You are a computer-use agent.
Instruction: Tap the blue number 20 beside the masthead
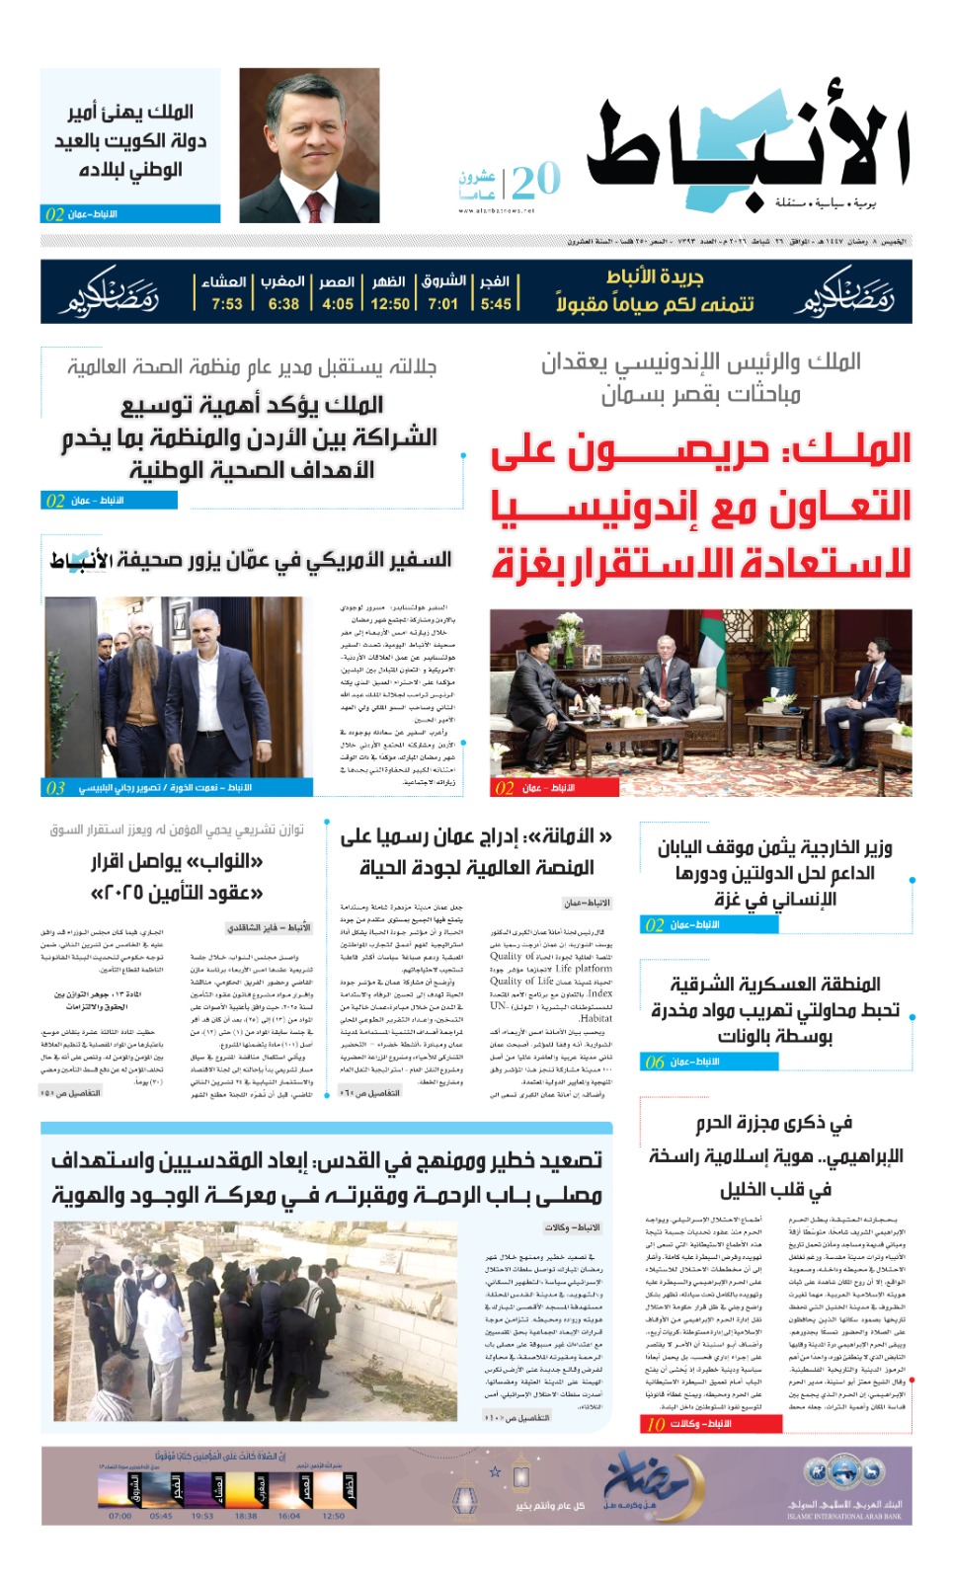[x=535, y=181]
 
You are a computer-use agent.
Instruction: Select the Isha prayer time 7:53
[x=226, y=304]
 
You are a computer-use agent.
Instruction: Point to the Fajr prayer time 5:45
[x=496, y=304]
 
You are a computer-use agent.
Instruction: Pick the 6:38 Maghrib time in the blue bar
[x=283, y=304]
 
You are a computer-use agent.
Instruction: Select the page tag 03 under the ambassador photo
[x=55, y=788]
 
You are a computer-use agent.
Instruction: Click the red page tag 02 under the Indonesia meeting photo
[x=504, y=788]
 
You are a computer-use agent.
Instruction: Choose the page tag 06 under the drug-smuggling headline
[x=654, y=1063]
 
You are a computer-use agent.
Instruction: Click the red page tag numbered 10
[x=656, y=1424]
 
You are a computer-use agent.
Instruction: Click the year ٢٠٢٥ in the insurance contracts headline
[x=115, y=894]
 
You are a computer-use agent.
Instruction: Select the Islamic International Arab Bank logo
[x=844, y=1482]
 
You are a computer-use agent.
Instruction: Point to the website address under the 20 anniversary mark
[x=496, y=210]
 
